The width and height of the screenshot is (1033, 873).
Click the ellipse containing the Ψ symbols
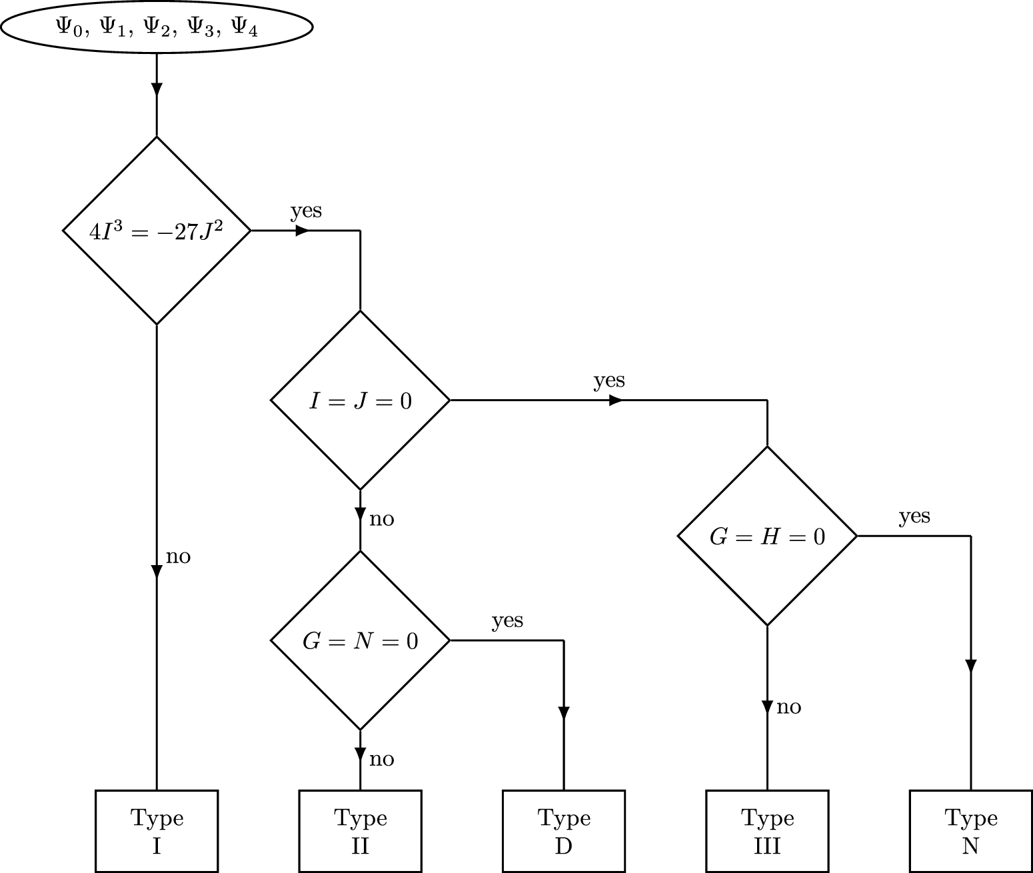pos(157,27)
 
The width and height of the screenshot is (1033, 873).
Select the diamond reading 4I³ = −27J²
pos(157,231)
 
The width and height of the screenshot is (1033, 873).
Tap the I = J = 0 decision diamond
pos(361,401)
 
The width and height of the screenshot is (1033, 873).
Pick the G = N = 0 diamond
pos(361,640)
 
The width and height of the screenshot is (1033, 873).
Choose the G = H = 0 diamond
pos(767,536)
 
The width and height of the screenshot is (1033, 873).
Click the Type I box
pos(157,831)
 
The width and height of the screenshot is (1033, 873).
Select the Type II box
pos(361,831)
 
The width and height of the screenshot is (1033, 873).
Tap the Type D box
pos(564,831)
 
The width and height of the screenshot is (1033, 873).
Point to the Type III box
pos(767,831)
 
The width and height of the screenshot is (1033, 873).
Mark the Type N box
pos(970,831)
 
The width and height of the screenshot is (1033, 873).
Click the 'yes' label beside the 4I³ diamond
pos(306,211)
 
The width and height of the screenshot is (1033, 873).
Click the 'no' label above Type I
pos(178,556)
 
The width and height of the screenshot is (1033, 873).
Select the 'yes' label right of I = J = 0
pos(609,381)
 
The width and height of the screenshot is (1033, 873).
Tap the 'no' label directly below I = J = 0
pos(382,519)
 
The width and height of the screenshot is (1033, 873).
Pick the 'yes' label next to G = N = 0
pos(507,620)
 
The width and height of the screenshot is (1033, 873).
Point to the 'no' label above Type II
pos(382,760)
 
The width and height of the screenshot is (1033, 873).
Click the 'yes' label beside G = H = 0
pos(914,516)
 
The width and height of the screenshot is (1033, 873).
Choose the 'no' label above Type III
pos(789,707)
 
